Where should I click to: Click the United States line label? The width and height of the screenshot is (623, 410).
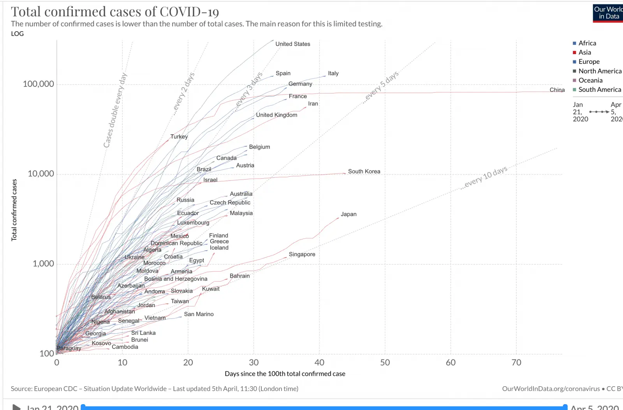pos(292,44)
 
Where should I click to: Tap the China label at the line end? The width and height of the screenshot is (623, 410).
pos(557,90)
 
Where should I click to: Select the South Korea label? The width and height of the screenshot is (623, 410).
pos(364,171)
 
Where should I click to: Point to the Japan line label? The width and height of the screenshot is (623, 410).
pos(348,214)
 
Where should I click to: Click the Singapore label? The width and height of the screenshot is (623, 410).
pos(302,254)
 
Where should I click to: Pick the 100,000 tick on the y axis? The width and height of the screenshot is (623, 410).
pos(39,84)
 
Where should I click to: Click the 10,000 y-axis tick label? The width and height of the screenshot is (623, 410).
pos(41,174)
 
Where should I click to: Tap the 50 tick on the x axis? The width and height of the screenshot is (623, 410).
pos(385,362)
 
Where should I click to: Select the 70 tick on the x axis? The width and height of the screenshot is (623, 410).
pos(516,362)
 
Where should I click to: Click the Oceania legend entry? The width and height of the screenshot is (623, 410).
pos(590,80)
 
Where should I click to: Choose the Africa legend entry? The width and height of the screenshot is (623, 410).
pos(587,43)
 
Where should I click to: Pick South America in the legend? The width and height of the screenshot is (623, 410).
pos(599,90)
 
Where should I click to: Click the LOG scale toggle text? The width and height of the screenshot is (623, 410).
pos(17,34)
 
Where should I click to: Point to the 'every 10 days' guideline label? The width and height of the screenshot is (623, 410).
pos(485,177)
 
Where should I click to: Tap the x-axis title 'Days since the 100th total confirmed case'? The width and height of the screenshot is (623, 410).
pos(285,374)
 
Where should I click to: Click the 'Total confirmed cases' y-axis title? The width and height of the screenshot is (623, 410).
pos(14,210)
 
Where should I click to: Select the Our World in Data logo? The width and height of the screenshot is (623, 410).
pos(608,13)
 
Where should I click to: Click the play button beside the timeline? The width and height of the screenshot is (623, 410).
pos(16,407)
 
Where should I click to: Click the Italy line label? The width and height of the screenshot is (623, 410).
pos(333,73)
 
